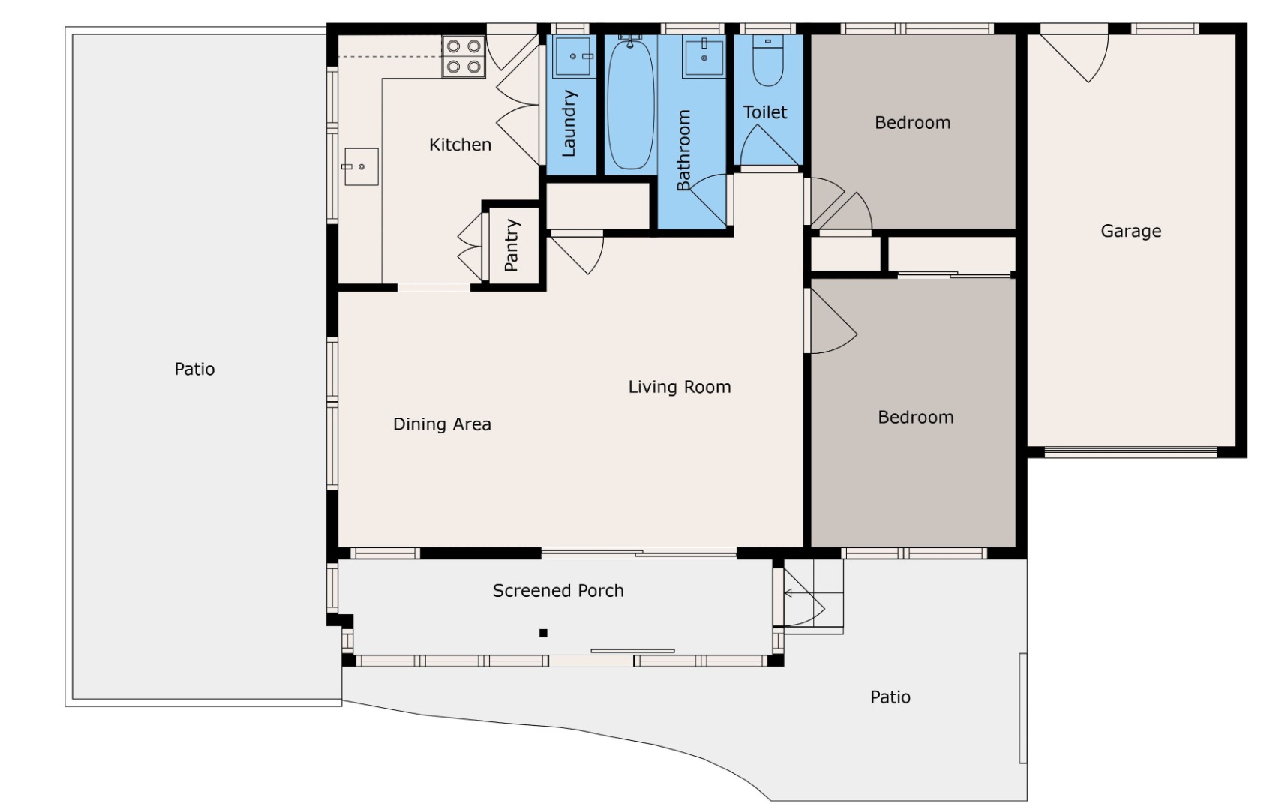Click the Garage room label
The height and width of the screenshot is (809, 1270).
[x=1130, y=231]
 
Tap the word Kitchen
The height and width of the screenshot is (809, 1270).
[x=460, y=145]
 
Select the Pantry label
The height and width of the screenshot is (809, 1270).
[x=512, y=245]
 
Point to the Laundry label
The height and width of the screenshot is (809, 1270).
[x=568, y=123]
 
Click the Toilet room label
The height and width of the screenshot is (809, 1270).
[x=765, y=112]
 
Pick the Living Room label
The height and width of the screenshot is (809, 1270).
[x=679, y=387]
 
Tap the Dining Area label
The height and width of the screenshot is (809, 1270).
[x=442, y=424]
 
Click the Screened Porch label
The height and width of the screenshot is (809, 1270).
[x=558, y=591]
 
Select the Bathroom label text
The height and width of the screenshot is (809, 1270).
[x=683, y=150]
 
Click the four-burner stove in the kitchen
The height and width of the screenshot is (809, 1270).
[x=464, y=57]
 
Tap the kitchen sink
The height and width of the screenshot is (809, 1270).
[x=361, y=166]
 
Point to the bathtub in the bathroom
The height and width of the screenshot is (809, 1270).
[x=630, y=103]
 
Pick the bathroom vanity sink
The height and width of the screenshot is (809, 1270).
[x=704, y=57]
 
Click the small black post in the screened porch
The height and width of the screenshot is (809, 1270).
[x=543, y=633]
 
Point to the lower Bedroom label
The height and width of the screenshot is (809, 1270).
[x=916, y=418]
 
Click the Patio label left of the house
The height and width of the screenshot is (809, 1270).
[x=194, y=370]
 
